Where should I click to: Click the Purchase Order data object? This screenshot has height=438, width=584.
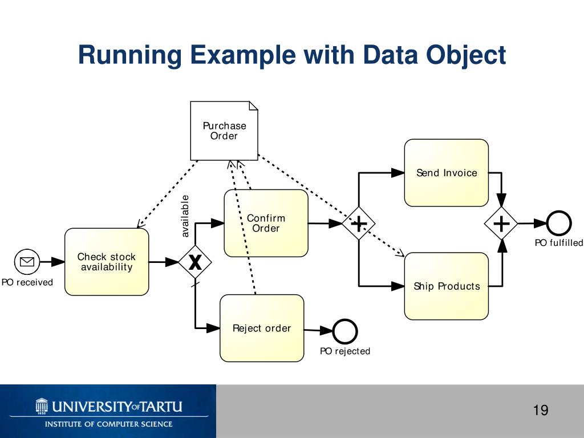224,131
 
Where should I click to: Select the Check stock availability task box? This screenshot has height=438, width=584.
107,262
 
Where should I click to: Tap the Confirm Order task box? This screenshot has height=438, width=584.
266,223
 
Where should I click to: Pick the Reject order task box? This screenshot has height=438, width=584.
262,328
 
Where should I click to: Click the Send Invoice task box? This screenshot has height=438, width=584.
446,173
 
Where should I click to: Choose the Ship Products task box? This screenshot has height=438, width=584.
446,286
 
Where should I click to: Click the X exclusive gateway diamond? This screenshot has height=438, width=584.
195,262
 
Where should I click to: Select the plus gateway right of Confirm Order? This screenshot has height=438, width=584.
358,224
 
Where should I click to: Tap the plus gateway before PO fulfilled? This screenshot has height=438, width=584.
501,224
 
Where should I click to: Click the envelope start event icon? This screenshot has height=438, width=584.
27,262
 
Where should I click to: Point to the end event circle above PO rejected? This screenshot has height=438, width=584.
345,331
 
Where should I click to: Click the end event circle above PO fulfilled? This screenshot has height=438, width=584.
558,224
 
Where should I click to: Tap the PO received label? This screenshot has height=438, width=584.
27,282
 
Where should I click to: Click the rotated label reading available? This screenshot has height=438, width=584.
185,216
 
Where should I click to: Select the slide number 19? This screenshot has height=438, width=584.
540,410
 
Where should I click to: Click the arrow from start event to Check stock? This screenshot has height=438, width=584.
53,262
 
